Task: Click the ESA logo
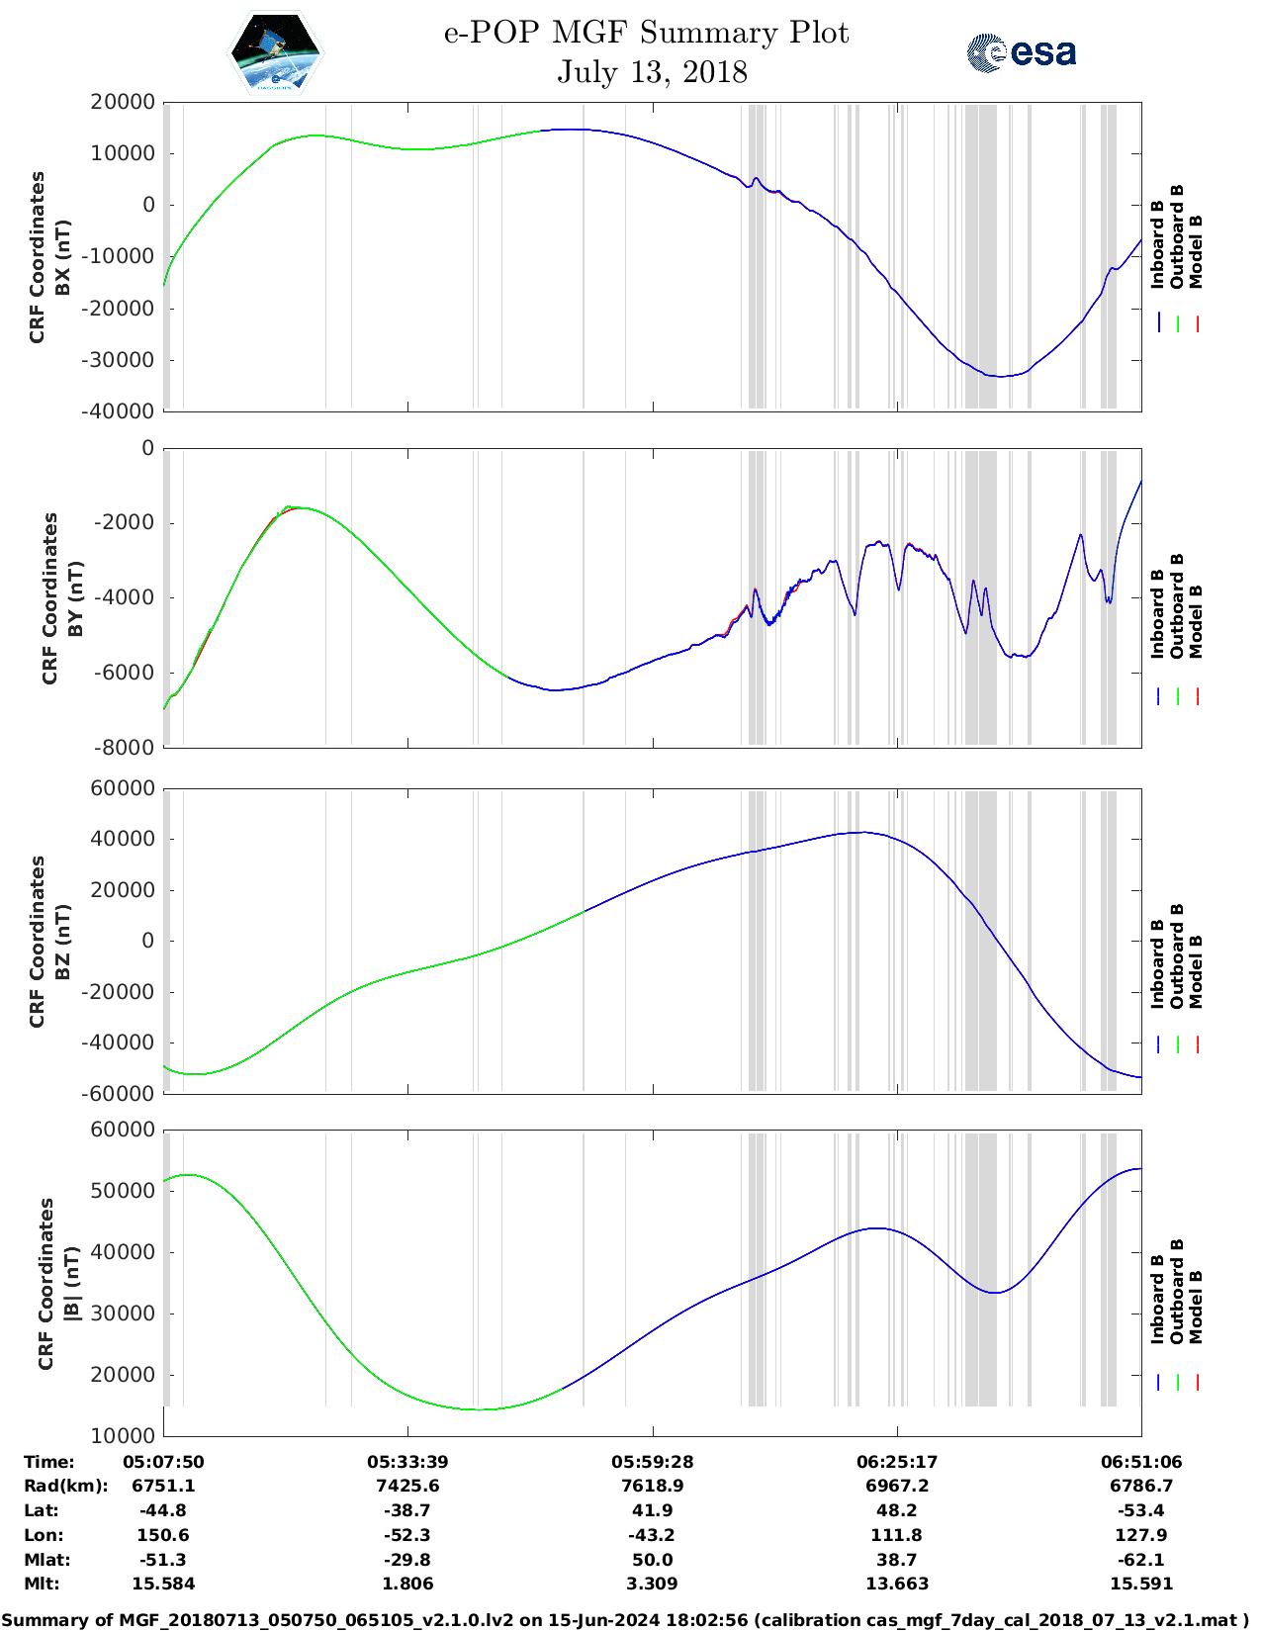1021,52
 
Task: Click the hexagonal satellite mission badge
275,52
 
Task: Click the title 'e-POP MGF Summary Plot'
646,33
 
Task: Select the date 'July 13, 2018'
652,72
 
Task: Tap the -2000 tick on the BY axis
126,523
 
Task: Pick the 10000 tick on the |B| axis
124,1436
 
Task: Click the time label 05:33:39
407,1462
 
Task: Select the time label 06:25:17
897,1462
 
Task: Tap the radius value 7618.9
652,1486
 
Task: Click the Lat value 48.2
897,1510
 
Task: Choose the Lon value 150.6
163,1535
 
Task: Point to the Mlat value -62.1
1140,1560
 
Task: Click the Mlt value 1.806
407,1584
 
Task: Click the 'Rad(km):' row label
65,1486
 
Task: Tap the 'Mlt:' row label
42,1584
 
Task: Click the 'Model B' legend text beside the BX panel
1196,251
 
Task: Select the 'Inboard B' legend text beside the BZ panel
1157,963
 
